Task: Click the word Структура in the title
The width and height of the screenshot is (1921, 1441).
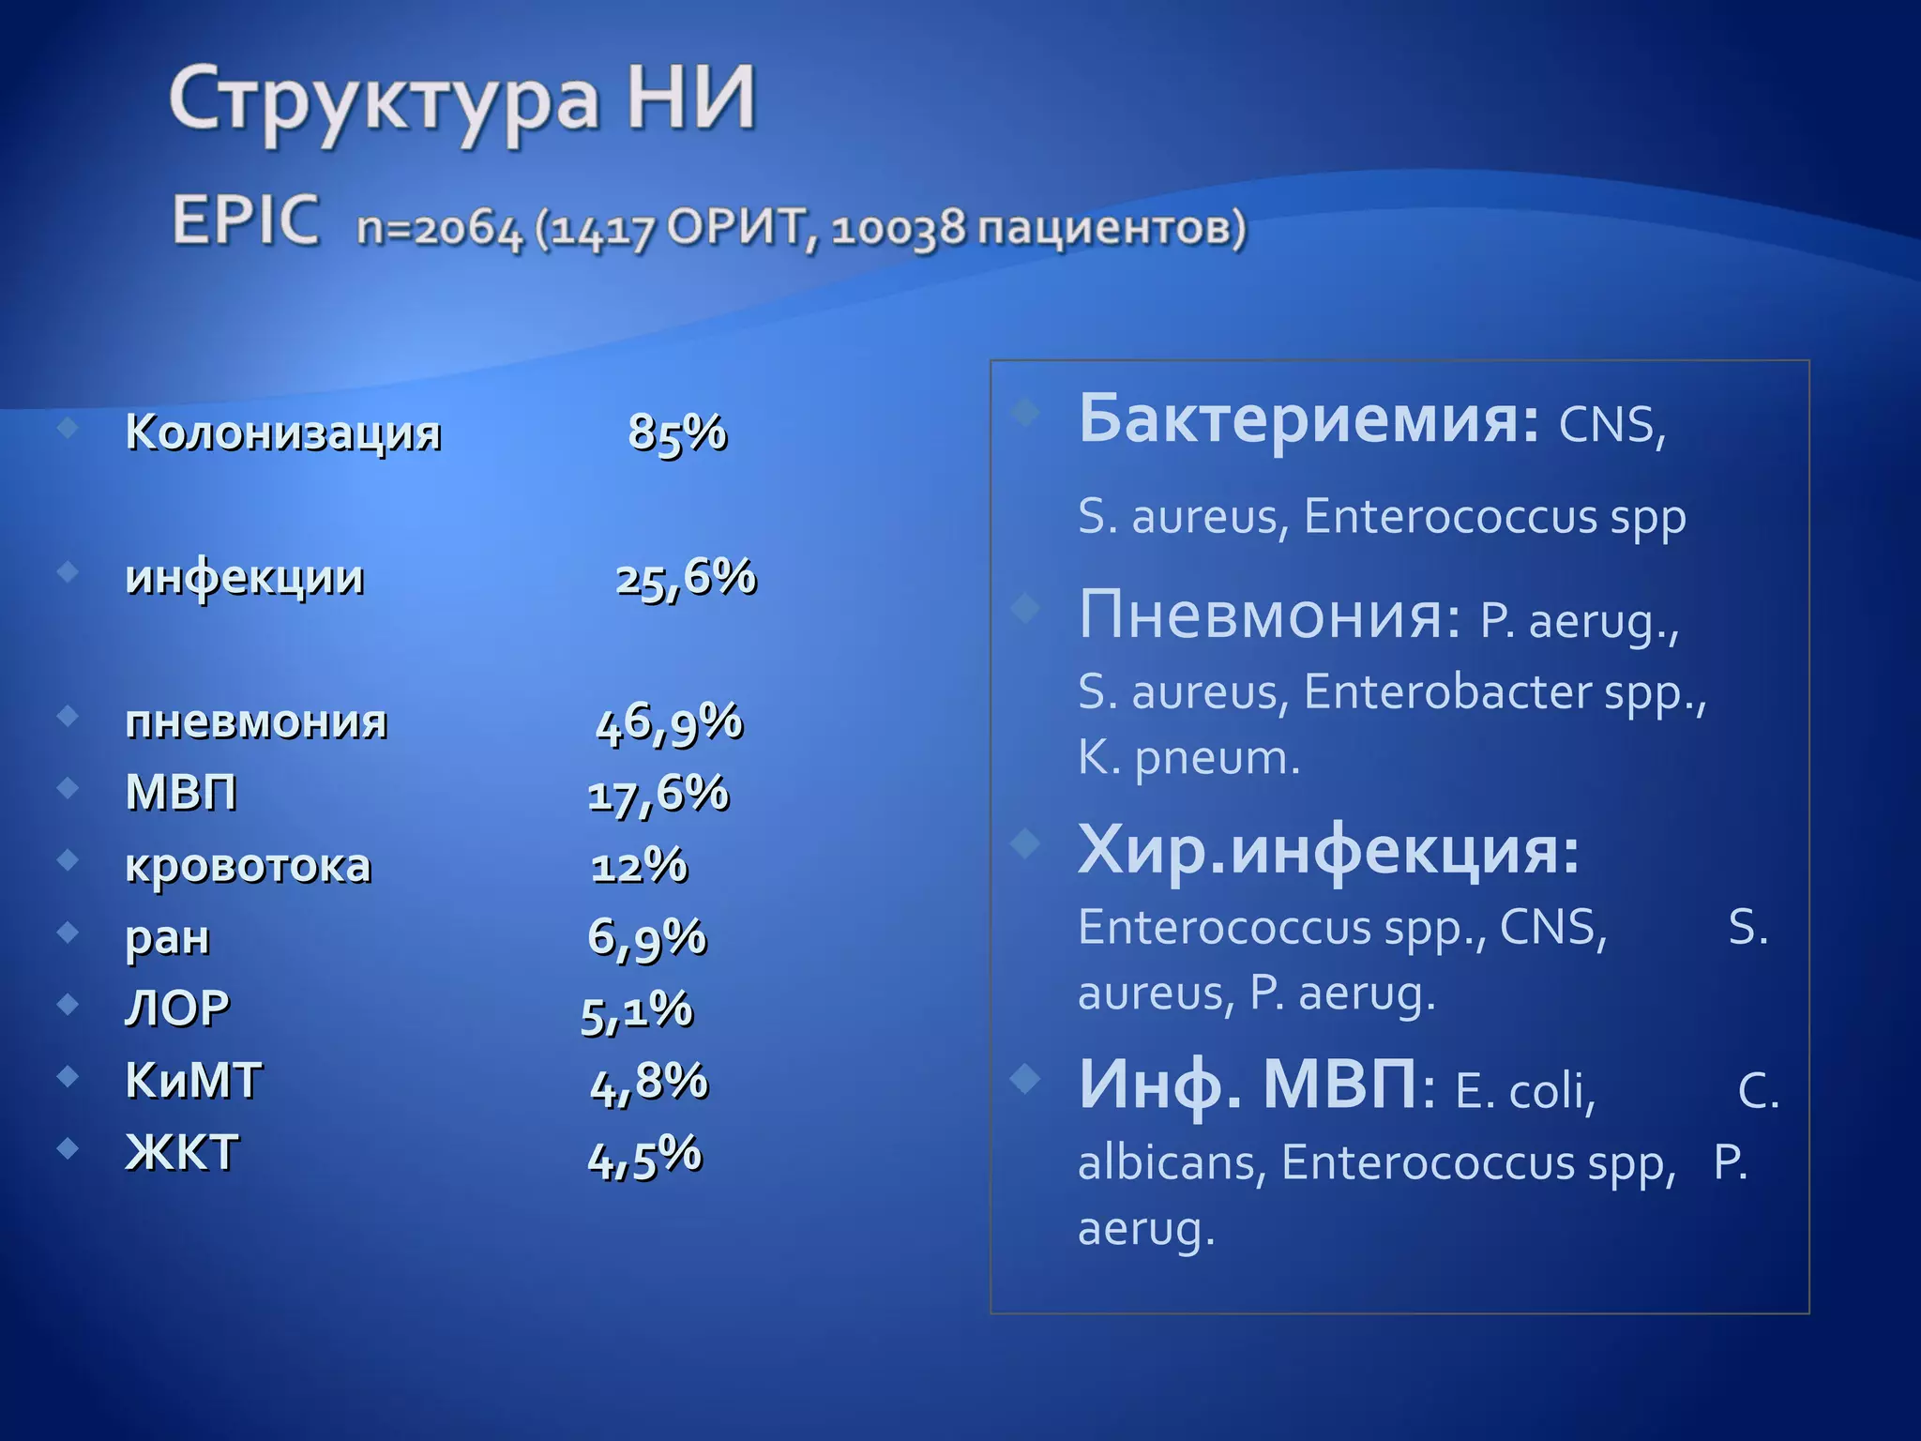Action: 384,101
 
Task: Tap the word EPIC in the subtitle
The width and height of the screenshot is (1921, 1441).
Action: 246,221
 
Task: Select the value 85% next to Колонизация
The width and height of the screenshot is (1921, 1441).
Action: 677,433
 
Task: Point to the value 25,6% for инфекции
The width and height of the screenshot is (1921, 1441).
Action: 686,578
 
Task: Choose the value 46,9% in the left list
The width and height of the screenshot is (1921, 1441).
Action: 670,723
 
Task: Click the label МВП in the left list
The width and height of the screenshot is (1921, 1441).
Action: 181,794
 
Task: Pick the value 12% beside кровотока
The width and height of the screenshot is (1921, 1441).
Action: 640,866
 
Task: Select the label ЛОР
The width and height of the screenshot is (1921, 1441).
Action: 177,1009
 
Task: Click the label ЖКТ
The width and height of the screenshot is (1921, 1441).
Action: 183,1153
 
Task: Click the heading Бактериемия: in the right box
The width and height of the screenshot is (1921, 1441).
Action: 1308,419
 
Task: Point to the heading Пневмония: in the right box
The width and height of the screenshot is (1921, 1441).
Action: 1269,615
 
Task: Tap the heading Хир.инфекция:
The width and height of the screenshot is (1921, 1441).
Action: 1328,850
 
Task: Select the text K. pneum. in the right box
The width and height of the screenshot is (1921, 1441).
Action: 1188,758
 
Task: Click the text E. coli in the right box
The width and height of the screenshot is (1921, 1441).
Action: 1524,1091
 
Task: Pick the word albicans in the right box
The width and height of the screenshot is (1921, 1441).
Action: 1166,1163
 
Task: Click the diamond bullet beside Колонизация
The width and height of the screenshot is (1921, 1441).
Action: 68,429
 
